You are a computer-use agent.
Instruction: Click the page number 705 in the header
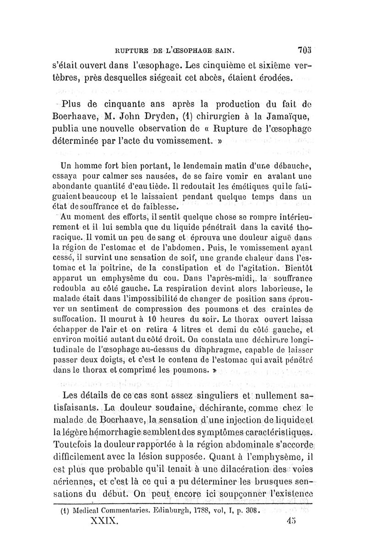(304, 49)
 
